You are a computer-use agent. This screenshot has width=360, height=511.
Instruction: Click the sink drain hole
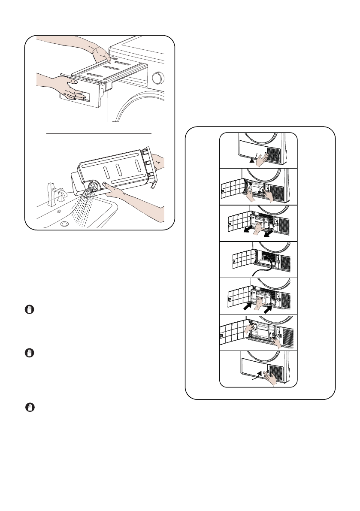click(64, 224)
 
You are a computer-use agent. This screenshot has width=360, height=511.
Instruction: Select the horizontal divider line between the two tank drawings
click(99, 133)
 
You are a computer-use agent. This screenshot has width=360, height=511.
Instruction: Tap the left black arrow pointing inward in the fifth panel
click(248, 307)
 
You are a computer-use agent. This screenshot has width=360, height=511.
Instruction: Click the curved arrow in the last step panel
click(256, 376)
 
